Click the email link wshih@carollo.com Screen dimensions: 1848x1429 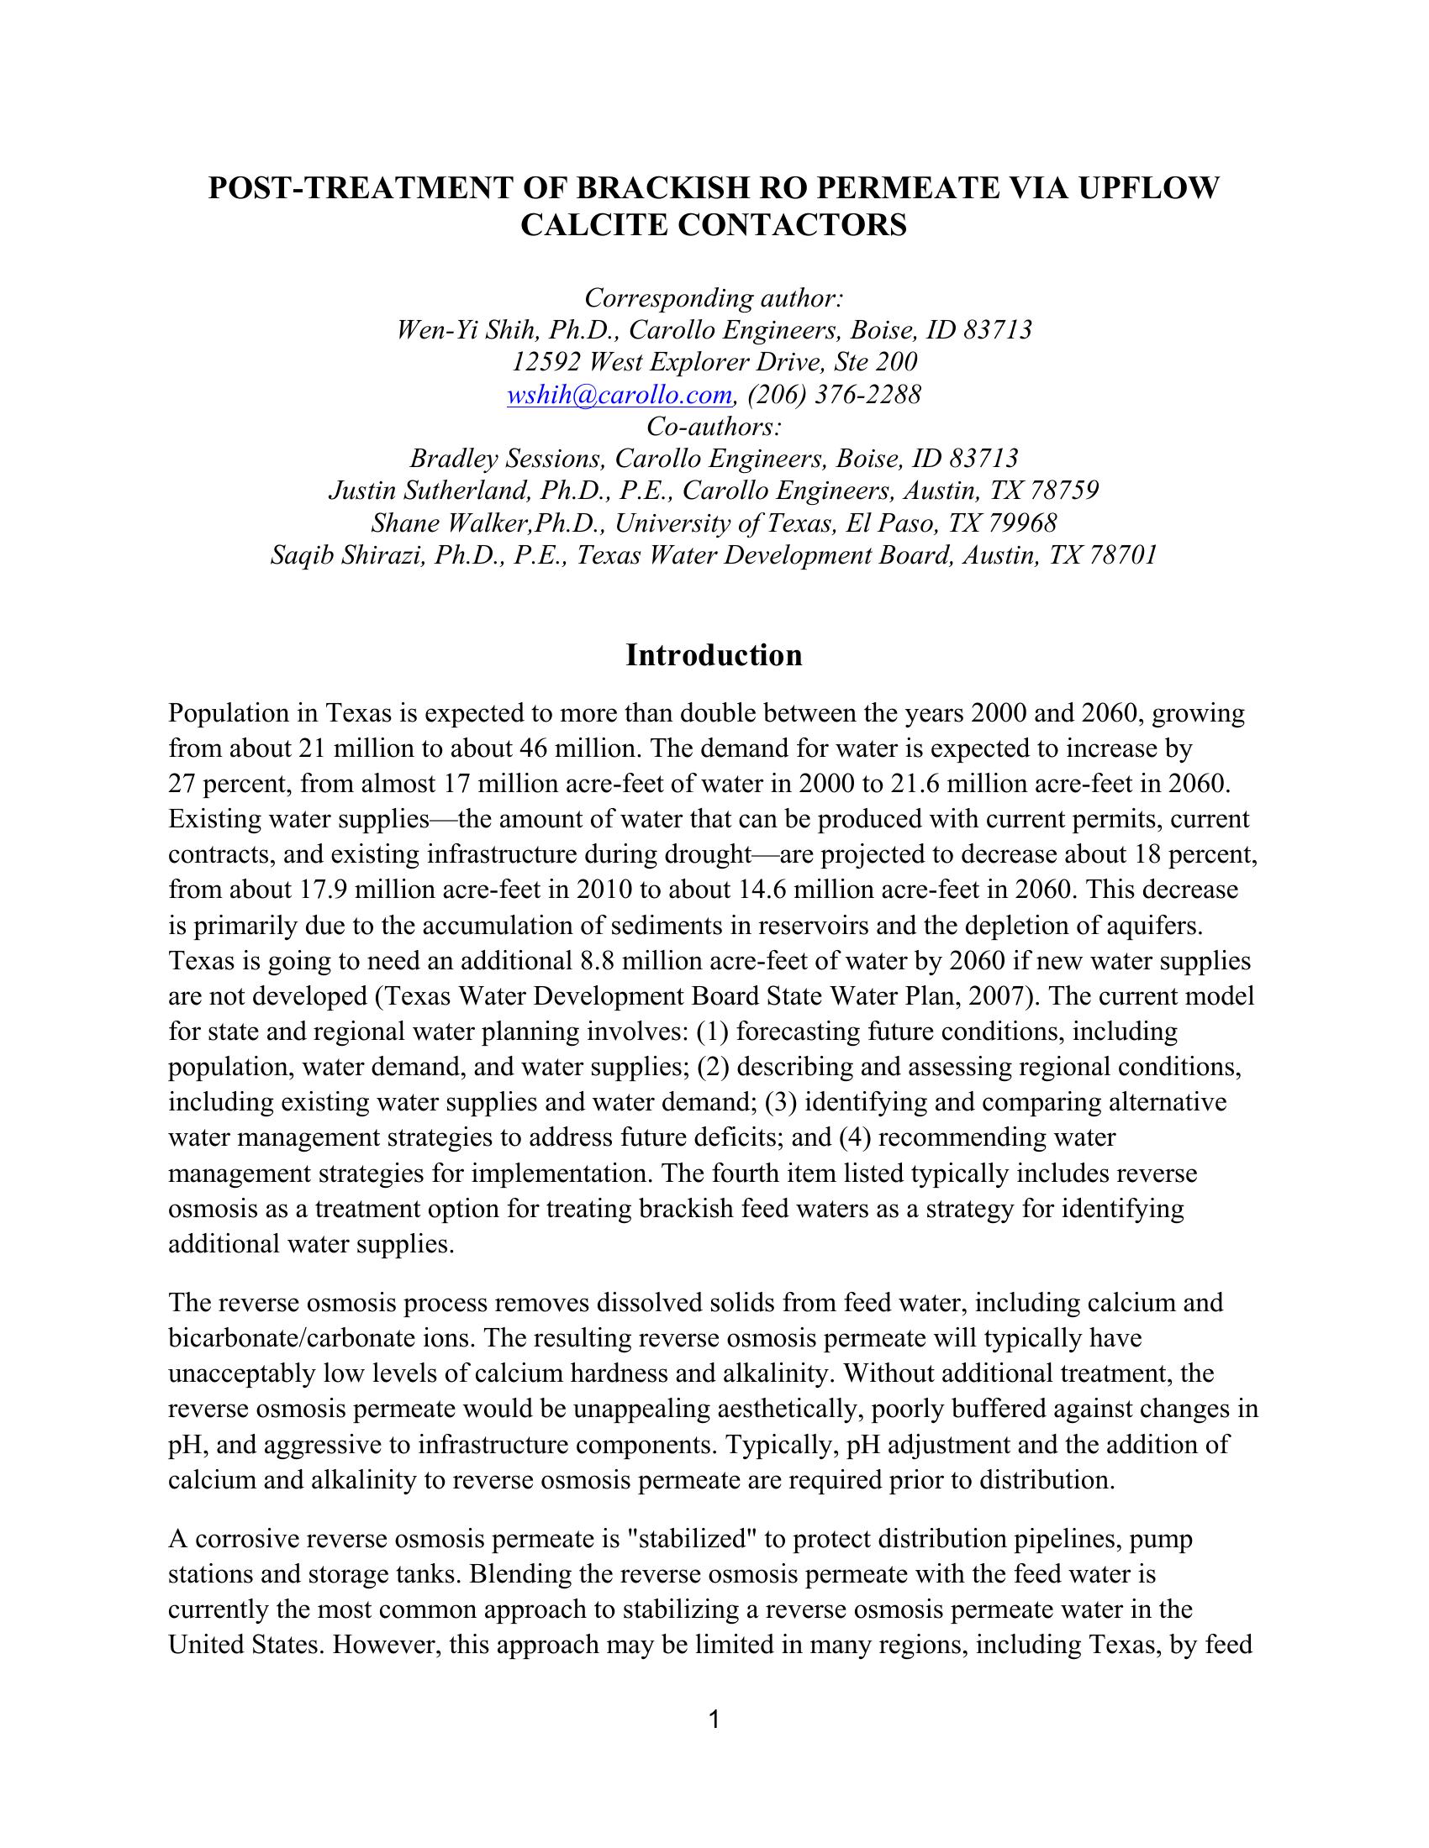click(619, 394)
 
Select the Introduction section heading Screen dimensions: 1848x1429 click(714, 656)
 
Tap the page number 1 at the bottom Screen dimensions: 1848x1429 click(714, 1719)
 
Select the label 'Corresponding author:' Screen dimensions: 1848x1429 click(714, 298)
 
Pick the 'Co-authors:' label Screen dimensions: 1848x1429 click(714, 427)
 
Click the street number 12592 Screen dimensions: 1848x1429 click(546, 362)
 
